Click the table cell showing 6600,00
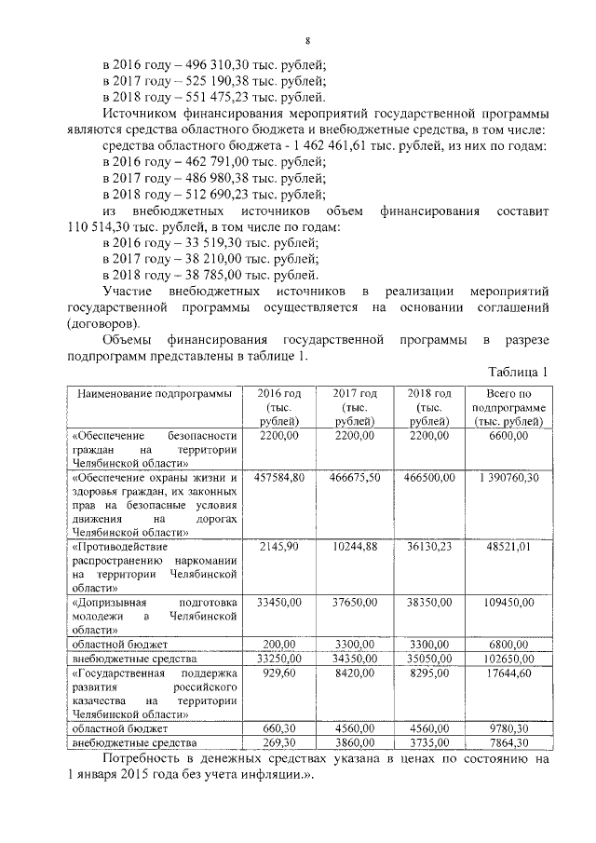pyautogui.click(x=508, y=435)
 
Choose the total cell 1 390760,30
pyautogui.click(x=508, y=477)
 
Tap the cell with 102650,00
pyautogui.click(x=508, y=658)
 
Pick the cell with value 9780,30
pyautogui.click(x=508, y=728)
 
